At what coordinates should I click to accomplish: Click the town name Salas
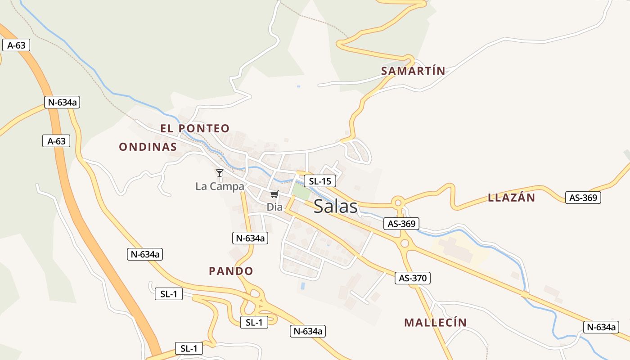[336, 206]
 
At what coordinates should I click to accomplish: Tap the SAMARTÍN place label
[413, 71]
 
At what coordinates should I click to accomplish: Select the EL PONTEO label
[195, 128]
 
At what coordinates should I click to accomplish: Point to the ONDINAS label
[148, 147]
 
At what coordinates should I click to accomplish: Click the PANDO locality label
[231, 271]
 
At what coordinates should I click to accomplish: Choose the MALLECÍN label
[435, 322]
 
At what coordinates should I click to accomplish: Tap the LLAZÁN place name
[512, 198]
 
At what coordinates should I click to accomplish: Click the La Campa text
[220, 186]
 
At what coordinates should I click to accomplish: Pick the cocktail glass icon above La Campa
[220, 173]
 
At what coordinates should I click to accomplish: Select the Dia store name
[274, 207]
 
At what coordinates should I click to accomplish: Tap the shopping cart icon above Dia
[274, 194]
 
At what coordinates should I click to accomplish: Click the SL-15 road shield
[320, 181]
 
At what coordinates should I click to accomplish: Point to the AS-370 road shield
[413, 278]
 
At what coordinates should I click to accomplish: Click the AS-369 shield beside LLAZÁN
[583, 198]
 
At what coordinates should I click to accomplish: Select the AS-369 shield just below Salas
[401, 223]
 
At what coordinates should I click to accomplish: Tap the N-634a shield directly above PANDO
[250, 238]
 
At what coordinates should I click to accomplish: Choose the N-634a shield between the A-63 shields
[62, 102]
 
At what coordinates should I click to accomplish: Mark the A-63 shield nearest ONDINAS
[56, 141]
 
